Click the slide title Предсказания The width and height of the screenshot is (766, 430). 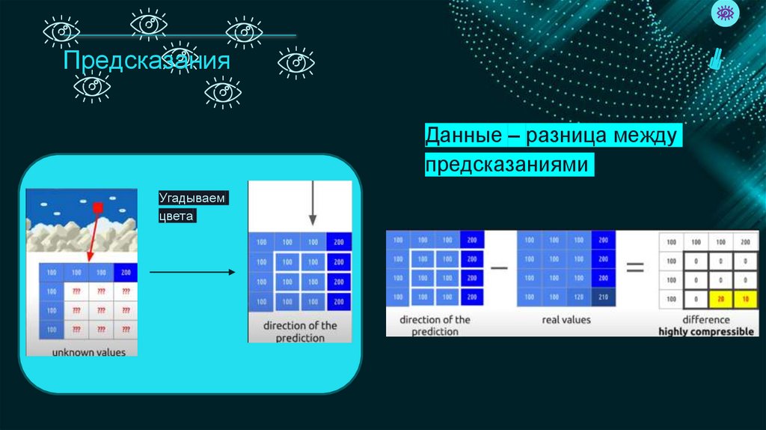pyautogui.click(x=146, y=60)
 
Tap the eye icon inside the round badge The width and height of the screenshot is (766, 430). pyautogui.click(x=724, y=13)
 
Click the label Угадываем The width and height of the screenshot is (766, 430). pyautogui.click(x=191, y=199)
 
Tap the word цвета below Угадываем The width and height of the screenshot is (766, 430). pyautogui.click(x=176, y=216)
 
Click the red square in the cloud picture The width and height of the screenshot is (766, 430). pyautogui.click(x=97, y=207)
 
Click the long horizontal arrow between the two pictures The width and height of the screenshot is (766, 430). pyautogui.click(x=192, y=273)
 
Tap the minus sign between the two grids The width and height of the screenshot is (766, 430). pyautogui.click(x=499, y=268)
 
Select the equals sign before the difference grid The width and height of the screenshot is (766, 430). pyautogui.click(x=635, y=267)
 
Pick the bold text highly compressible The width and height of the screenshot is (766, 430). pyautogui.click(x=705, y=331)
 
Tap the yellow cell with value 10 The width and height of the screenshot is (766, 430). pyautogui.click(x=744, y=300)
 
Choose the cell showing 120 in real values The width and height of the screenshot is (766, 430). pyautogui.click(x=578, y=297)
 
